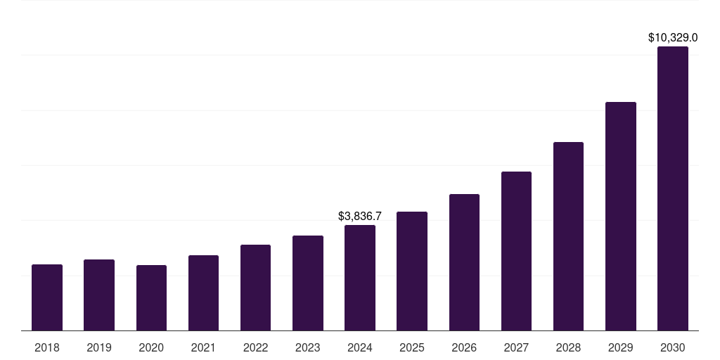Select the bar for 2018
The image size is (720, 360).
click(x=47, y=297)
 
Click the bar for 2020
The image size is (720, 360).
click(x=151, y=298)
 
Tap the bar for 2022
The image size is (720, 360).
click(x=255, y=288)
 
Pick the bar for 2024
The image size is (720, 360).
click(x=360, y=278)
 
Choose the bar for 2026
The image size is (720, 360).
click(x=464, y=262)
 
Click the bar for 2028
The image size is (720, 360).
click(x=568, y=236)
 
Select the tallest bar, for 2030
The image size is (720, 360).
click(x=673, y=188)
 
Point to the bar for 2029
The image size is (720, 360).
click(x=621, y=217)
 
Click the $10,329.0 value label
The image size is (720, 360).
click(x=673, y=37)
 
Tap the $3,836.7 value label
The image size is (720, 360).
click(x=360, y=216)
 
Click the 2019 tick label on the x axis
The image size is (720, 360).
click(x=99, y=347)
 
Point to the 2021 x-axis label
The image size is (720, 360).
click(x=203, y=347)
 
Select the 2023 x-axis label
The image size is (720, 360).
click(x=308, y=347)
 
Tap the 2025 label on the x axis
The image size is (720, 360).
click(x=412, y=347)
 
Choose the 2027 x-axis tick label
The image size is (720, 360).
click(x=516, y=347)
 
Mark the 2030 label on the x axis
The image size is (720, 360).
click(x=673, y=347)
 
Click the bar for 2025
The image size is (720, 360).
click(x=412, y=271)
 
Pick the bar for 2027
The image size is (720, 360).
click(x=516, y=251)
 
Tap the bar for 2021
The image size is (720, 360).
click(x=203, y=292)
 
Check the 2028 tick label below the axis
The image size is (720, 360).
click(x=568, y=347)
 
